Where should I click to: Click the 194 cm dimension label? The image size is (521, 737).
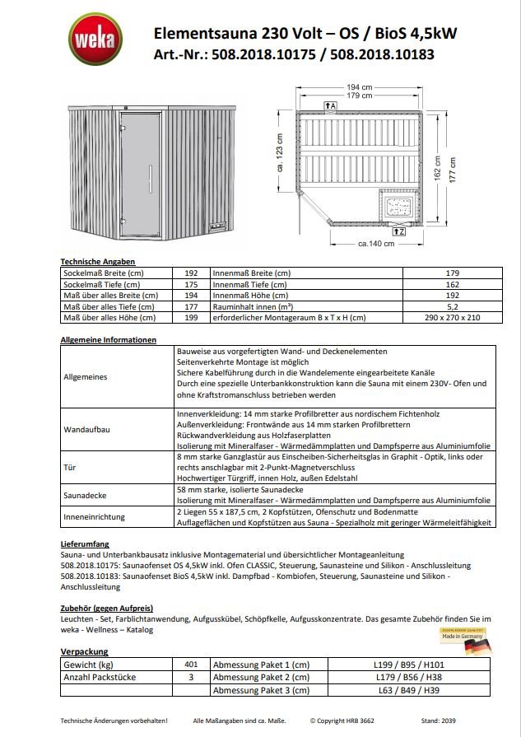coord(359,86)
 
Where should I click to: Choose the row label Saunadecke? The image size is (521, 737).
coord(84,496)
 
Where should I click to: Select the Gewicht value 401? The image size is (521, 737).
coord(191,664)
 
